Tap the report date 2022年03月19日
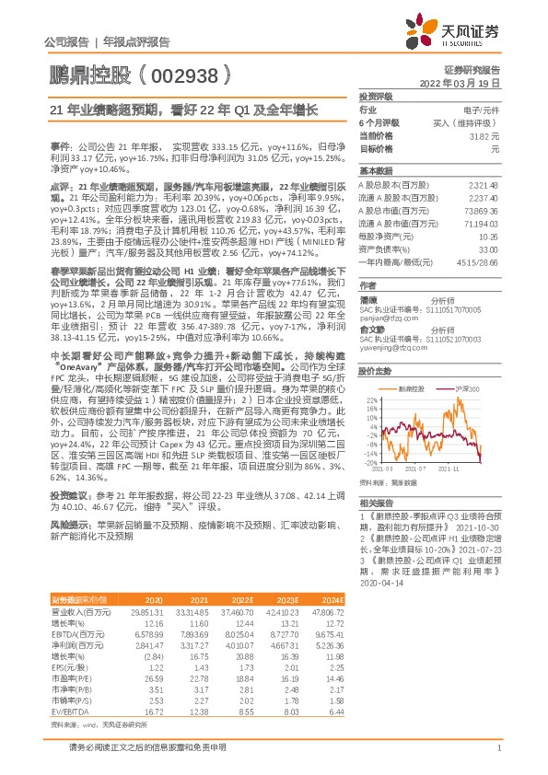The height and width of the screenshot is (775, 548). tap(465, 82)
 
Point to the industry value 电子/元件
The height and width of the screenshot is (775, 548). tap(481, 109)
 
